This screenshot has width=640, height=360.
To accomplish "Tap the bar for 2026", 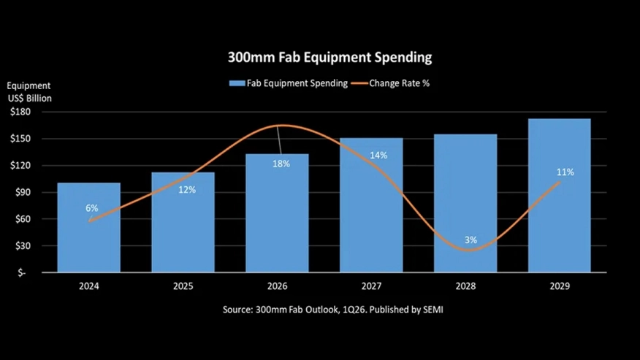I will click(277, 219).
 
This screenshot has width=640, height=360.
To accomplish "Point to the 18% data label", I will click(281, 164).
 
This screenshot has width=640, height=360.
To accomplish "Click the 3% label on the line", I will click(471, 240).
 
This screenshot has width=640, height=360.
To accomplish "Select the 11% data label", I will click(565, 172).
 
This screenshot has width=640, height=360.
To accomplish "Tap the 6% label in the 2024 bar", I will click(91, 208).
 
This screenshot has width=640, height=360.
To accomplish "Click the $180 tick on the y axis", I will click(20, 112).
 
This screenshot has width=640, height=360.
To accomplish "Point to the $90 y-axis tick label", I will click(22, 192).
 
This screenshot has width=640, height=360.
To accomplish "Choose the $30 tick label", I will click(22, 246).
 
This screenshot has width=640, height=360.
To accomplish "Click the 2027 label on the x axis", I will click(370, 287).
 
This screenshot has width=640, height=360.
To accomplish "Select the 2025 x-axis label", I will click(183, 287).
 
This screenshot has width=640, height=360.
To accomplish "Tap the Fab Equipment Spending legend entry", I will click(288, 83).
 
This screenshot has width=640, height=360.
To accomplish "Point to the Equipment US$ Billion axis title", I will click(29, 92).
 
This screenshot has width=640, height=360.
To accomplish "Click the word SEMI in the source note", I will click(431, 310).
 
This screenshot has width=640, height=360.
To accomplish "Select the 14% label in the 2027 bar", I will click(378, 156).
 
